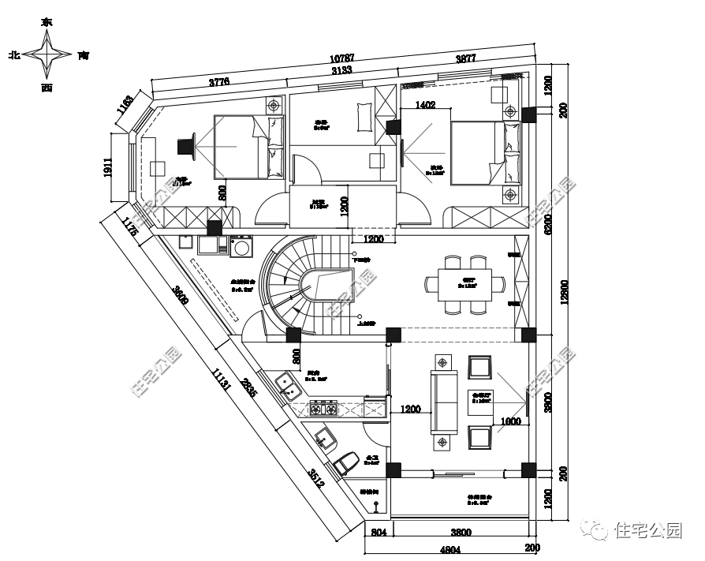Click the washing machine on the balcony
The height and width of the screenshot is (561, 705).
tap(240, 248)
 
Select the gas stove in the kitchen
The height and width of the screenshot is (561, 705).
tap(323, 408)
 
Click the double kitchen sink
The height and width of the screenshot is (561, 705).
tap(289, 387)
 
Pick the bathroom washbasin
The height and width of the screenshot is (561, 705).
tap(323, 437)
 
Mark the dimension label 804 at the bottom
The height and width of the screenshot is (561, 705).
tap(378, 533)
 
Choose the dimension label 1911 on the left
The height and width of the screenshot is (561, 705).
tap(108, 167)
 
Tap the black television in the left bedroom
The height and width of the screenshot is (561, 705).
tap(185, 146)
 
